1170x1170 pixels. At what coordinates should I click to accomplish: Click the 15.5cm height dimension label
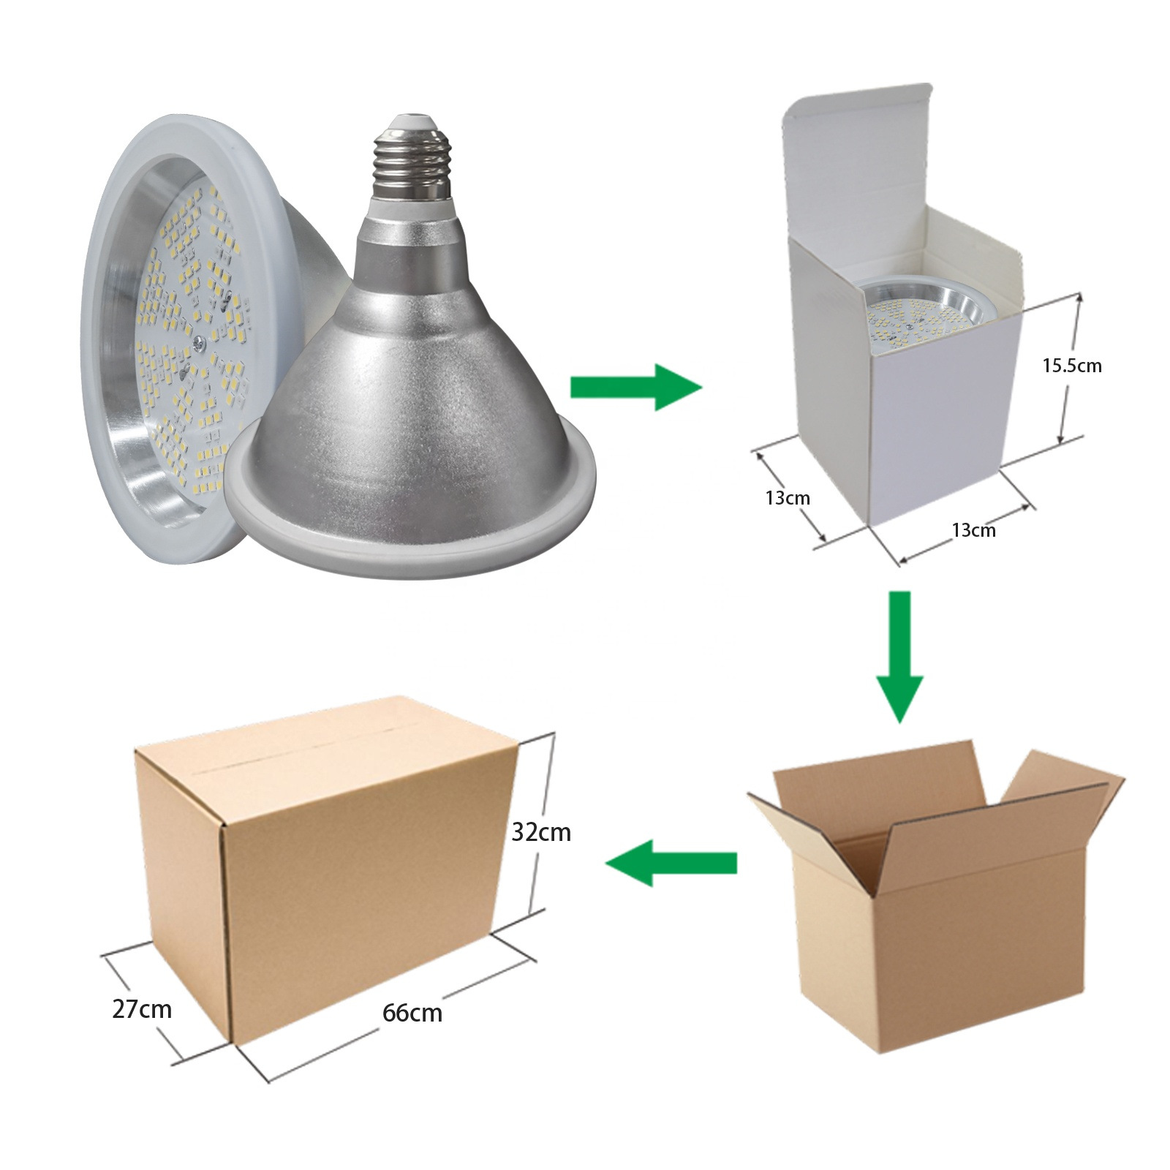point(1071,366)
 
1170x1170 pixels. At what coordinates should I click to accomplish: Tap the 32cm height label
point(541,832)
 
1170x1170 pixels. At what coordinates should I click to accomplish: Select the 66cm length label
point(412,1013)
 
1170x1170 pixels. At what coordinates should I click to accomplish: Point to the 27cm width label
point(142,1009)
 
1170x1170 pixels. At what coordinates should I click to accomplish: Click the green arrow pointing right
point(635,387)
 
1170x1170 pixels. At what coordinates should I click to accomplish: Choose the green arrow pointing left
point(671,863)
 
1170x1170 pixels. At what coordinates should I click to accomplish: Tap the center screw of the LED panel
point(199,340)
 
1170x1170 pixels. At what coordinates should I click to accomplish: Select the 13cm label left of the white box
point(788,498)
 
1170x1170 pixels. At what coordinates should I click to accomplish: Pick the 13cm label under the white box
point(973,530)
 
